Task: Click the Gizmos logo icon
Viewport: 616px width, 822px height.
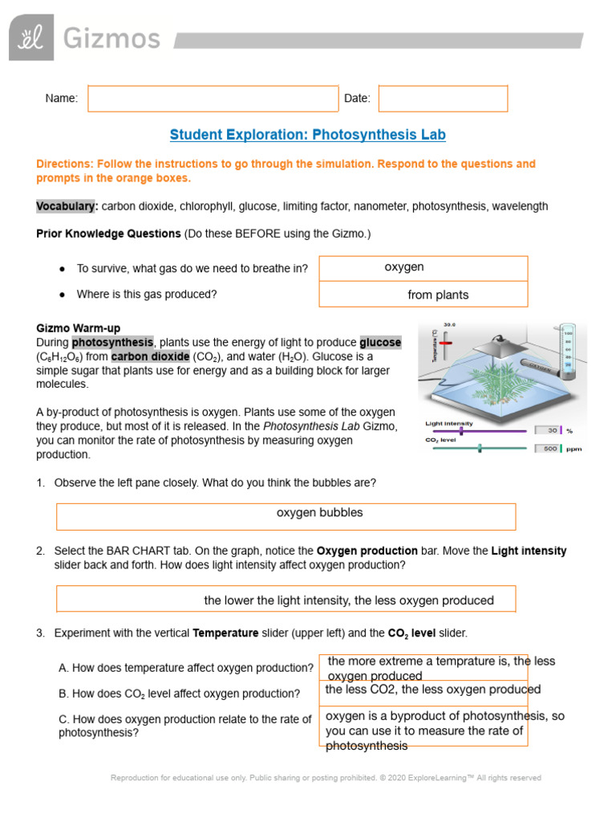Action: point(31,38)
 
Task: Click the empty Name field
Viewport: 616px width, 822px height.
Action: point(213,99)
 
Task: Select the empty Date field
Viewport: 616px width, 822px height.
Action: point(443,99)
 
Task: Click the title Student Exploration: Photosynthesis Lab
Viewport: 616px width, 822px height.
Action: point(308,135)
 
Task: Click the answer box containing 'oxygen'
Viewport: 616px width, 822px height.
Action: point(423,268)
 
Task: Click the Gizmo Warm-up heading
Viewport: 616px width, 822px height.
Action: point(79,328)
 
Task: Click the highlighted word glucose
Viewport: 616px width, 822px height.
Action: point(380,342)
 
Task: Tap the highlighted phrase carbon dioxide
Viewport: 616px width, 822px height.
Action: point(150,356)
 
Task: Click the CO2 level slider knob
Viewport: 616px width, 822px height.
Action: point(480,448)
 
